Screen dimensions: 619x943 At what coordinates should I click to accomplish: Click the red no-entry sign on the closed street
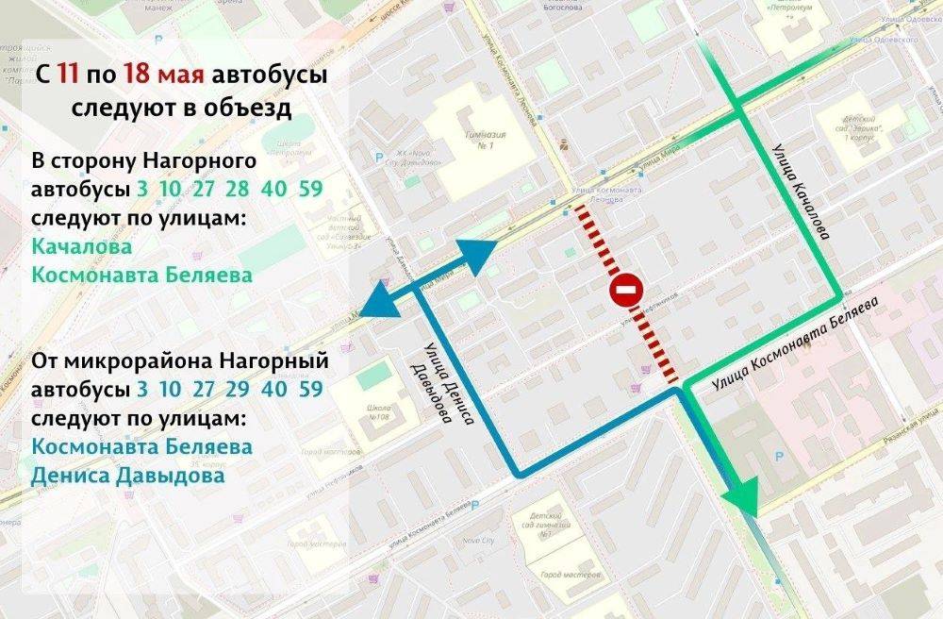tap(626, 292)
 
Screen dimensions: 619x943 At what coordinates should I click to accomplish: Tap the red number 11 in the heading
tap(68, 75)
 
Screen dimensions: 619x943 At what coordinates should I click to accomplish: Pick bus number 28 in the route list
tap(238, 189)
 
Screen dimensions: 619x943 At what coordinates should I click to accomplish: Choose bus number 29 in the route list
tap(238, 389)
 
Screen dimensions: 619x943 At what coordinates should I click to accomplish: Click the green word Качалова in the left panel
tap(81, 245)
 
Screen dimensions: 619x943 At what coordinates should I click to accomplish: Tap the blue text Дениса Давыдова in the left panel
tap(128, 476)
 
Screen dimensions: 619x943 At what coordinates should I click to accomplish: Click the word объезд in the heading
tap(245, 108)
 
